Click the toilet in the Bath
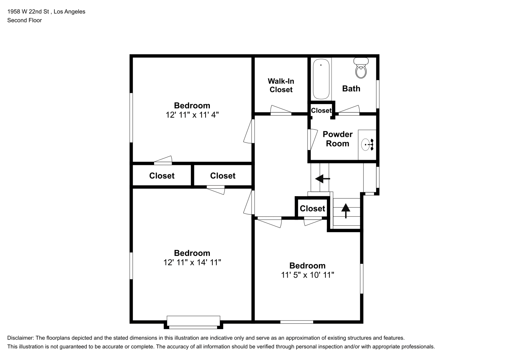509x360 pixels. point(361,68)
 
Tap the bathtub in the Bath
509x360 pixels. point(321,79)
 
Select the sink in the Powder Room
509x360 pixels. point(367,145)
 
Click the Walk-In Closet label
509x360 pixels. point(281,85)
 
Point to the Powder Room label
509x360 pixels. point(338,139)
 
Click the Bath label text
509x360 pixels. point(351,89)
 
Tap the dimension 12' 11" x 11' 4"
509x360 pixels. point(192,115)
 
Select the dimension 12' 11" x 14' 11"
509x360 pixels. point(192,262)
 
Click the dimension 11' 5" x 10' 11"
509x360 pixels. point(307,275)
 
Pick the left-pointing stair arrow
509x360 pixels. point(323,179)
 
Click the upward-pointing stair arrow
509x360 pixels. point(346,211)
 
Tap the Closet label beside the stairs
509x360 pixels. point(312,208)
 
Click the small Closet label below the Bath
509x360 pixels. point(321,111)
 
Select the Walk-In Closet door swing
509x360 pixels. point(281,110)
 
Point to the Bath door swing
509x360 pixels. point(349,110)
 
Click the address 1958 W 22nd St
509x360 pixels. point(28,12)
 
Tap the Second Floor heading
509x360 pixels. point(24,20)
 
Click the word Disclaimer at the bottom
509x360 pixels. point(20,338)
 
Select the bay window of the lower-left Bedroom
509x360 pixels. point(193,322)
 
